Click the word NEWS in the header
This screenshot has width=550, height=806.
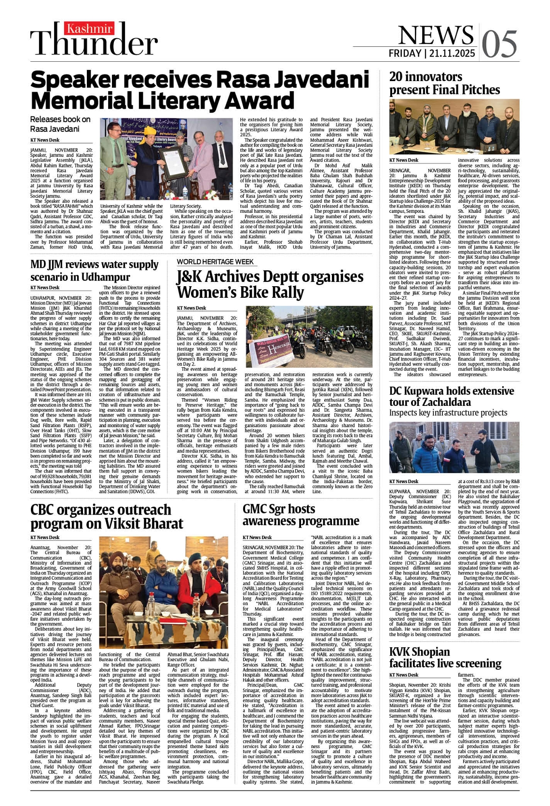click(436, 35)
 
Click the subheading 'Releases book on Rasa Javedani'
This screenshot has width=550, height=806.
click(60, 124)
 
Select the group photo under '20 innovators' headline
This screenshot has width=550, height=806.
click(454, 127)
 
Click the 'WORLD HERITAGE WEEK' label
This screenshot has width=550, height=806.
click(215, 262)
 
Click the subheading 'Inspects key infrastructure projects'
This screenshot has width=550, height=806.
click(448, 413)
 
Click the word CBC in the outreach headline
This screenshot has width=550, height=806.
click(47, 510)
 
